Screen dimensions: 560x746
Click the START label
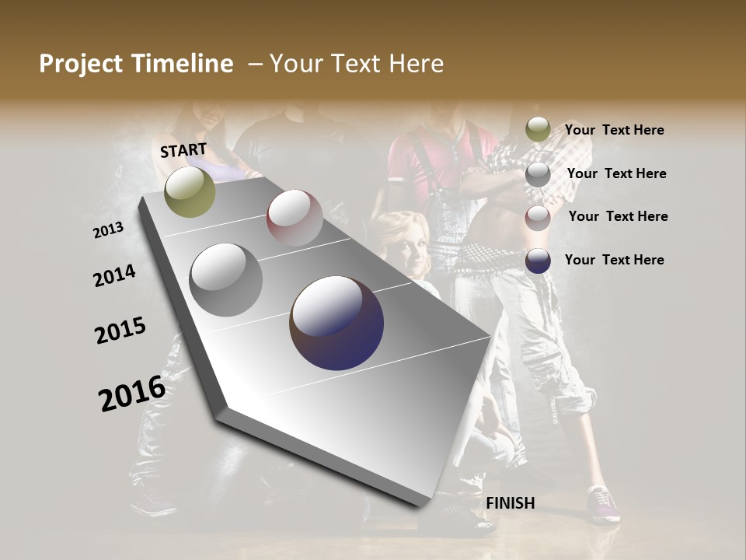[183, 150]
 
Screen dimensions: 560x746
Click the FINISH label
[510, 503]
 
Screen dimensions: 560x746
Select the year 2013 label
[109, 230]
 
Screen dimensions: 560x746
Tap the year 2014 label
[114, 276]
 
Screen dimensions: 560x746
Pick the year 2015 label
[120, 331]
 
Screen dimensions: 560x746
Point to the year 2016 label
[131, 394]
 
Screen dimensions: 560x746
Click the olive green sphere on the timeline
[190, 191]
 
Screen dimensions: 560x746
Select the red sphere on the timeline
[295, 218]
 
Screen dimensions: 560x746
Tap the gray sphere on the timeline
[226, 280]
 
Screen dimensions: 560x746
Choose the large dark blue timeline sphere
[336, 323]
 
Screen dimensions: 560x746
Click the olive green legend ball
[538, 130]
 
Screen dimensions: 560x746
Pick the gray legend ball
[538, 174]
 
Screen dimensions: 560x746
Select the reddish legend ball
[538, 217]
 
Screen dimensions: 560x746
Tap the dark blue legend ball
[538, 261]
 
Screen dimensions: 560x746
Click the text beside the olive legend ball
[614, 131]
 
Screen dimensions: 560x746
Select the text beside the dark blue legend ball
[614, 260]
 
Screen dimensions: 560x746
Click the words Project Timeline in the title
[136, 64]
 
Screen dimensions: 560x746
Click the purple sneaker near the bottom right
[604, 503]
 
